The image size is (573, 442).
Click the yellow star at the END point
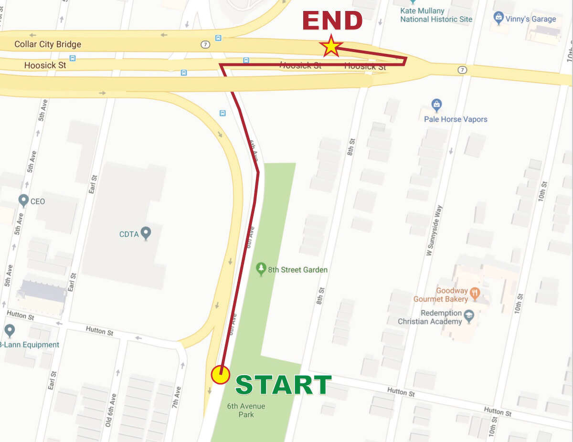point(331,46)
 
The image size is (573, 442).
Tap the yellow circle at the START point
point(221,375)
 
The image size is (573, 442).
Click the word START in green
point(283,385)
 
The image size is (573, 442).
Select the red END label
point(332,21)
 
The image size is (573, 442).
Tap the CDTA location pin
point(146,233)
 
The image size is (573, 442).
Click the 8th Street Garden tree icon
point(261,269)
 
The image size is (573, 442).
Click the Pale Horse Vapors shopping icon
point(436,104)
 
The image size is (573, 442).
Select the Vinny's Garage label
point(531,19)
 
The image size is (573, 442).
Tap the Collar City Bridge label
point(48,44)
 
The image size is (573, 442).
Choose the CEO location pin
point(23,200)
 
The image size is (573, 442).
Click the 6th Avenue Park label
point(246,410)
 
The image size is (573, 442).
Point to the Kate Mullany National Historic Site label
point(436,15)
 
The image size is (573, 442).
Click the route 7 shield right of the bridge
point(462,70)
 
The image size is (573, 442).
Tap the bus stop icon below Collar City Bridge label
point(73,58)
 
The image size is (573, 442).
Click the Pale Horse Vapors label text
point(456,119)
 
